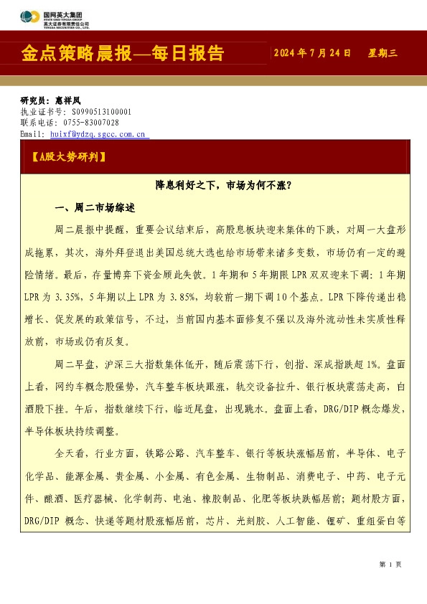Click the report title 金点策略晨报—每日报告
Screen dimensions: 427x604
coord(123,54)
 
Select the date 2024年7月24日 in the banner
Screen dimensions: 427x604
coord(313,53)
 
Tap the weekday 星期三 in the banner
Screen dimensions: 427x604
coord(383,53)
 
